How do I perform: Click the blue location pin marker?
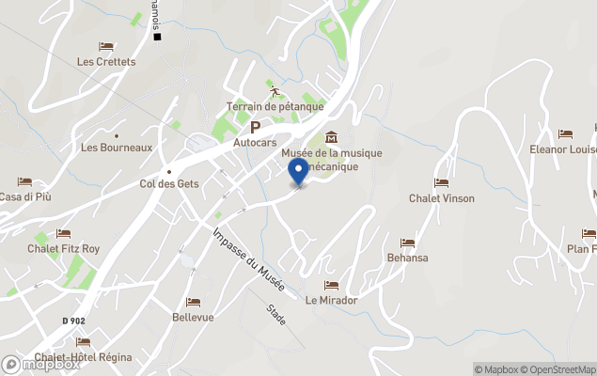(299, 171)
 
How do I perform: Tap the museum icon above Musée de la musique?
(331, 139)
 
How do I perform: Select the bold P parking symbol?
(255, 127)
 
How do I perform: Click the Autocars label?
(255, 143)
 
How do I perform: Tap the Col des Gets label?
(169, 183)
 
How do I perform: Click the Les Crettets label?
(106, 62)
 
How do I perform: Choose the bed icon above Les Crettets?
(106, 46)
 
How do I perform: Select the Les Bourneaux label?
(117, 148)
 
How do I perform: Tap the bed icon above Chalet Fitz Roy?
(63, 233)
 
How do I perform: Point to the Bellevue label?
(193, 317)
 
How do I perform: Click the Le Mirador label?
(331, 300)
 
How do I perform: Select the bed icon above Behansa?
(407, 243)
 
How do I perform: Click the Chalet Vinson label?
(441, 198)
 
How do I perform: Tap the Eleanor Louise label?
(564, 149)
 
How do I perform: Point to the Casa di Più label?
(24, 196)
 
